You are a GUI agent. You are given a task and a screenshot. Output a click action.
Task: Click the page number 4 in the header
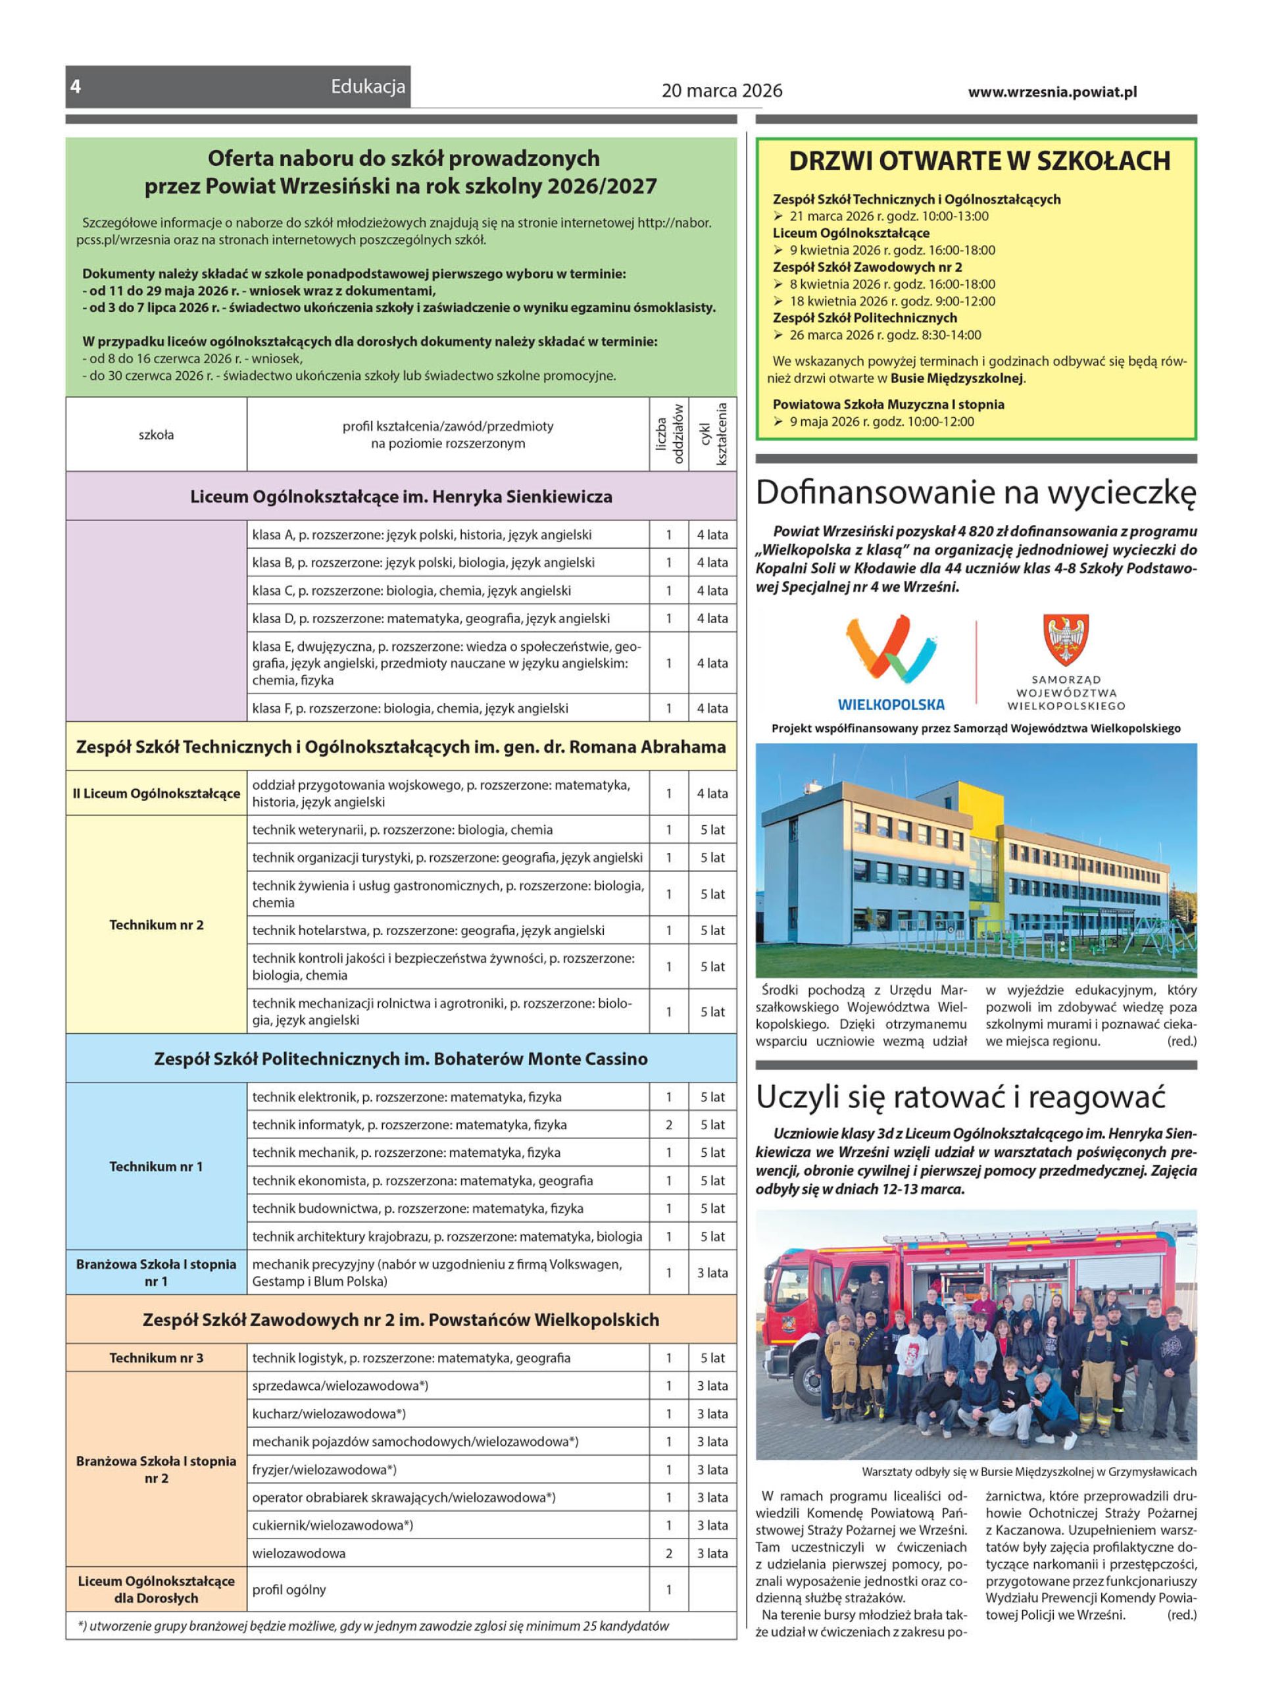coord(76,86)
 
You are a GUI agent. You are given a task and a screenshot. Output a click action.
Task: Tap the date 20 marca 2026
coord(722,91)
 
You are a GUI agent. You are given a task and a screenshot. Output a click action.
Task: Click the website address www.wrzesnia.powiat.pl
coord(1052,91)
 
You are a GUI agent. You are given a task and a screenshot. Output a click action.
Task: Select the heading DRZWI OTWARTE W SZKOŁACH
coord(979,161)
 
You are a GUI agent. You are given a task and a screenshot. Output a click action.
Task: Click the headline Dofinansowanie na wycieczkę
coord(975,493)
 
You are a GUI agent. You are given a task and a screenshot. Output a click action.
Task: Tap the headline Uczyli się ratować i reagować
coord(960,1097)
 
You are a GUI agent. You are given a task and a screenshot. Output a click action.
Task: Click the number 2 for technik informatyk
coord(669,1125)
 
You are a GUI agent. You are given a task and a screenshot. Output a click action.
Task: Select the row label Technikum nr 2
coord(156,925)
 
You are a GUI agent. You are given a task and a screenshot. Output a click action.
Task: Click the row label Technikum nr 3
coord(156,1358)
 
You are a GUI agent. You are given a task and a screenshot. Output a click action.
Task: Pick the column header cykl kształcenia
coord(712,434)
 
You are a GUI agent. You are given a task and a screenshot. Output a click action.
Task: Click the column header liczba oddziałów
coord(669,434)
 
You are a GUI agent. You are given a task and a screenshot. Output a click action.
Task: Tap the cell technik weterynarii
coord(448,830)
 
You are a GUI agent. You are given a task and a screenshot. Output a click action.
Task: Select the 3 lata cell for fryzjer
coord(712,1469)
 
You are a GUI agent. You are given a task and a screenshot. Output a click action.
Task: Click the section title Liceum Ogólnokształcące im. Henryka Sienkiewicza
coord(401,497)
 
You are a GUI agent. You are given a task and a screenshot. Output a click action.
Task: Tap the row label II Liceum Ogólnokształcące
coord(156,794)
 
